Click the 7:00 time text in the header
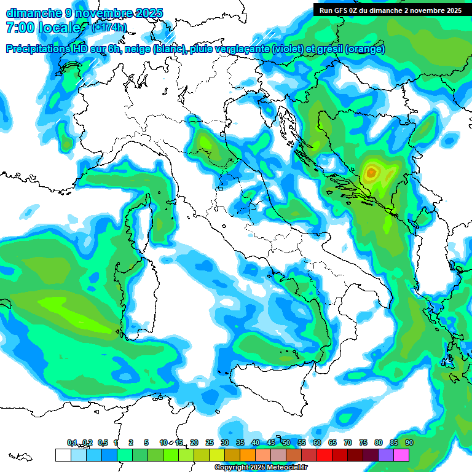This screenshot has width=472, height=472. click(x=21, y=28)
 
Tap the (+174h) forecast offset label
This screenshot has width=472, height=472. click(x=109, y=27)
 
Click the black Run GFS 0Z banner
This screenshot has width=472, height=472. click(x=391, y=10)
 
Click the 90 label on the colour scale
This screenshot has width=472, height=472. click(x=409, y=442)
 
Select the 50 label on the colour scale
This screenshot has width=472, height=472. click(x=286, y=442)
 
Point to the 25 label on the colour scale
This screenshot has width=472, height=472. click(x=210, y=442)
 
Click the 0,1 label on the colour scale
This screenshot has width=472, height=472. click(x=71, y=442)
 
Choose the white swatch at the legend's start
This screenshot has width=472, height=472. click(x=63, y=455)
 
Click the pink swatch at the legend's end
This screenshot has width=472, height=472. click(x=401, y=455)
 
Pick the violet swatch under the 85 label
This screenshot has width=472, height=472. click(x=386, y=455)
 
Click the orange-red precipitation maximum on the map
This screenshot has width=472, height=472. click(x=370, y=173)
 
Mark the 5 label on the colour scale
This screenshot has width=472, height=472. click(x=146, y=442)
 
